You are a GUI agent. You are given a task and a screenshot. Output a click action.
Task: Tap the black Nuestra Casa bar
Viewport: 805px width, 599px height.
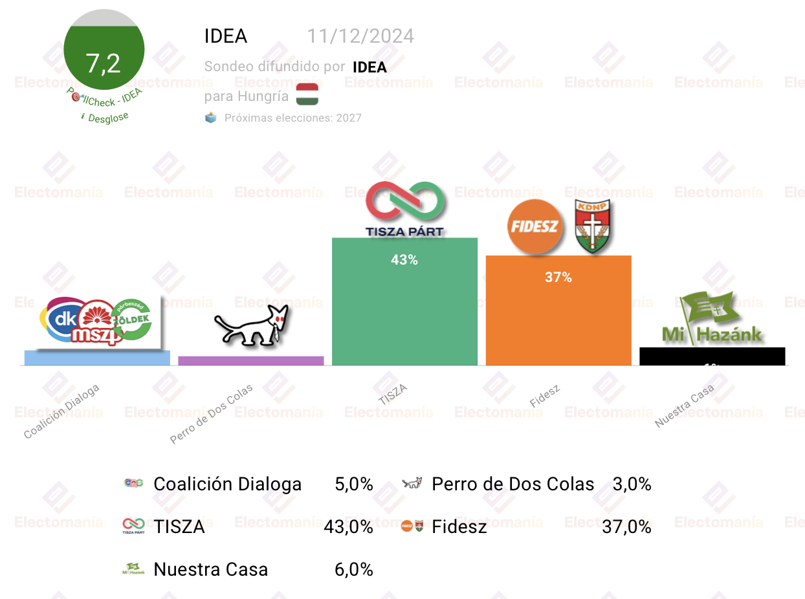pos(712,356)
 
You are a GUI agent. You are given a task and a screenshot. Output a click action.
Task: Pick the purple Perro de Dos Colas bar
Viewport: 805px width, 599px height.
pos(251,361)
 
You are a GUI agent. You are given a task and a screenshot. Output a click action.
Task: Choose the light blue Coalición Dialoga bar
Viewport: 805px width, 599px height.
pos(97,358)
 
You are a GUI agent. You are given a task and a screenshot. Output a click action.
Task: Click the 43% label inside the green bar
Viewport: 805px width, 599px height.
pos(404,260)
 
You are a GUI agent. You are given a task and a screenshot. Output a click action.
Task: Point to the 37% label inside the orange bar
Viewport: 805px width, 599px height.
pos(558,278)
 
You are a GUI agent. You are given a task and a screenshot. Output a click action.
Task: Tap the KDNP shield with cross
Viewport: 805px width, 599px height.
pos(593,226)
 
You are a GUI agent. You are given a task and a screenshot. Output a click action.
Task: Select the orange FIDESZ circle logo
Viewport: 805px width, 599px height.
pos(535,227)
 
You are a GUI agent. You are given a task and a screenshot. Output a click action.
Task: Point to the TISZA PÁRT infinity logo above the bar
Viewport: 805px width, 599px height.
pos(405,209)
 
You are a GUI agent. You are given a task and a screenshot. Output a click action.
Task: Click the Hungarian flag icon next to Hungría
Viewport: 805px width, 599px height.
pos(307,94)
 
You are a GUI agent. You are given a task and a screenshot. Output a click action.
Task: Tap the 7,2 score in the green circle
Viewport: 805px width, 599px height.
pos(104,63)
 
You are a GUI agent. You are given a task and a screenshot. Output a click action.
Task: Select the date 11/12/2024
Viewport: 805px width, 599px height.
pos(360,36)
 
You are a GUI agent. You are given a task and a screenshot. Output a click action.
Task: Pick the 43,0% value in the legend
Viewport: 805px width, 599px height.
pos(348,527)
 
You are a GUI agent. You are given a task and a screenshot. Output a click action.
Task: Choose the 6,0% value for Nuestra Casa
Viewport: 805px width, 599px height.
pos(353,570)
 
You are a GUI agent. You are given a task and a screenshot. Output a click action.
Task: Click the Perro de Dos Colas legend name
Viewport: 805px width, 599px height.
pos(513,484)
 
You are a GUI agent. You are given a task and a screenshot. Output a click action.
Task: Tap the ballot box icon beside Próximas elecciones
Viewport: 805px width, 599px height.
pos(211,118)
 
